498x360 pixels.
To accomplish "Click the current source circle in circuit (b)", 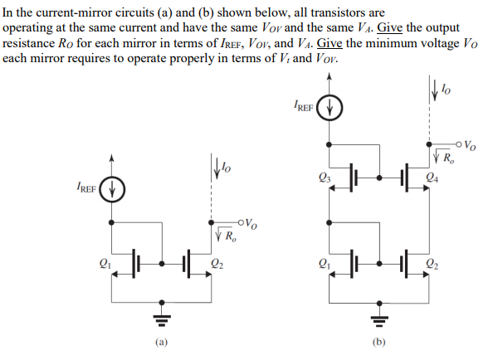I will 331,107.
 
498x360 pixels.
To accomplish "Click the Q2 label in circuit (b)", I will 432,265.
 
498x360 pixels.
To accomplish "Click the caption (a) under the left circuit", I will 163,341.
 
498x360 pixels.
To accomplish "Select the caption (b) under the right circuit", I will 380,341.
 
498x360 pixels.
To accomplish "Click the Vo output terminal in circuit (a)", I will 239,221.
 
